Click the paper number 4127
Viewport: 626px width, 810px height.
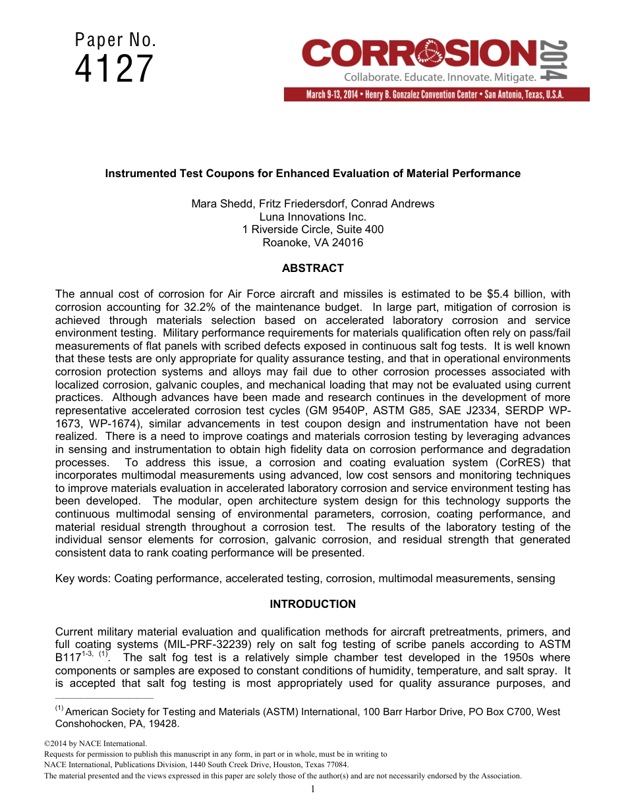[115, 69]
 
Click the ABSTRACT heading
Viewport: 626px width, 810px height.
[312, 268]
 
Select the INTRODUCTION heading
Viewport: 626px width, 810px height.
[312, 604]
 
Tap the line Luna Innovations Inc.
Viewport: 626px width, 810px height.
[312, 217]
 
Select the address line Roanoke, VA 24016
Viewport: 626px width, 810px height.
[312, 242]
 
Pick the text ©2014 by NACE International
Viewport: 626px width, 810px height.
[86, 743]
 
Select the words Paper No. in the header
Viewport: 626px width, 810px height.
[115, 41]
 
